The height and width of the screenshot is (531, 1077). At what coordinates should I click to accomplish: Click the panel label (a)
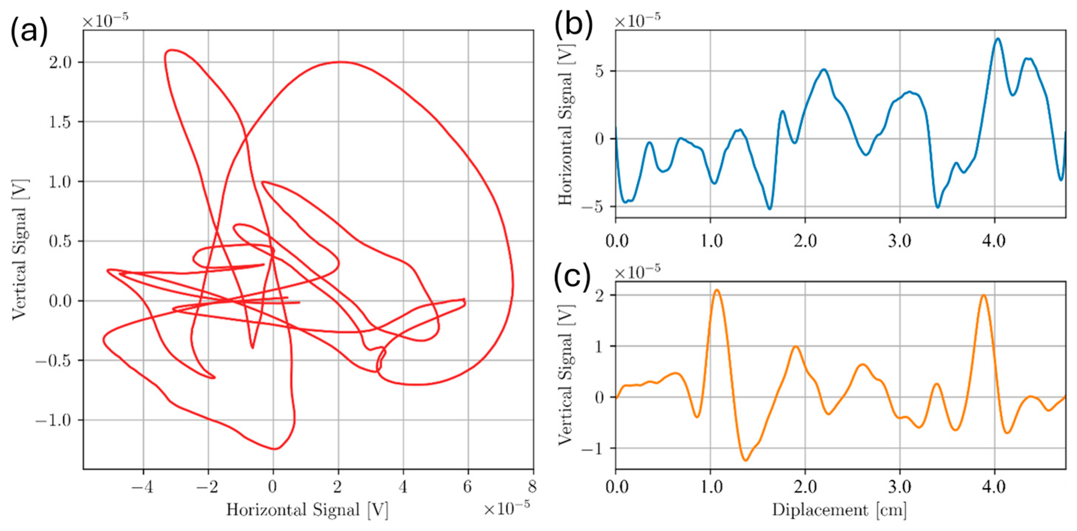click(x=29, y=32)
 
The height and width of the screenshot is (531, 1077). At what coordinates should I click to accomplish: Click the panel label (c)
click(x=572, y=276)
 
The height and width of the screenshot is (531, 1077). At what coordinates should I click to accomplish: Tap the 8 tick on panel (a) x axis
click(x=532, y=487)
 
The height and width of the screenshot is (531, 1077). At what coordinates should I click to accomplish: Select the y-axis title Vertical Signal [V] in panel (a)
click(x=19, y=250)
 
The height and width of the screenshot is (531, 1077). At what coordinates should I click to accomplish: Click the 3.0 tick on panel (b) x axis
click(x=899, y=241)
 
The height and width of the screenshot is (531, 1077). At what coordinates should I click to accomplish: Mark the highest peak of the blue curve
click(x=998, y=39)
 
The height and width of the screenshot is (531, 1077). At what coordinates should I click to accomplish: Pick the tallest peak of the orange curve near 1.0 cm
click(x=717, y=290)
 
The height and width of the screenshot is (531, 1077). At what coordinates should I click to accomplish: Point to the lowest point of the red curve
click(x=274, y=449)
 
